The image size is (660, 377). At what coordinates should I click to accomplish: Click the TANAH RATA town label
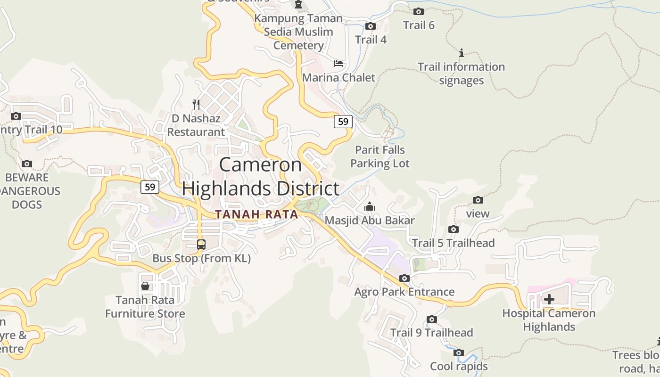point(256,214)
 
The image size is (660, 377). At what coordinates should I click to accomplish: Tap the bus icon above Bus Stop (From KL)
point(201,245)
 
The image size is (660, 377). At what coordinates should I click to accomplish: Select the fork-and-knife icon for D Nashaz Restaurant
point(197,104)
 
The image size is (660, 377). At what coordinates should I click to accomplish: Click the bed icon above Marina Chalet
point(338,64)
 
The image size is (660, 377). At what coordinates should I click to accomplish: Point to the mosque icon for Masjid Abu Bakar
point(370,206)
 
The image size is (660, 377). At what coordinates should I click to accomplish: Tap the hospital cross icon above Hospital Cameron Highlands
point(549,299)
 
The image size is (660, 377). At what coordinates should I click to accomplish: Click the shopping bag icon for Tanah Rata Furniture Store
point(145,286)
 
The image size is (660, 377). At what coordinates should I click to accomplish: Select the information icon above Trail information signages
point(462,53)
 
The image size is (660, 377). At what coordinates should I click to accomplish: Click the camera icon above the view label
point(478,200)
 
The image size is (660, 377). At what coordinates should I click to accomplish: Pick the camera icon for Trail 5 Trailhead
point(454,229)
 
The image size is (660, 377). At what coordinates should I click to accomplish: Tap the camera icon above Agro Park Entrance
point(404,278)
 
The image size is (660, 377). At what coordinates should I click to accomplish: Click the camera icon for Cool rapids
point(459,352)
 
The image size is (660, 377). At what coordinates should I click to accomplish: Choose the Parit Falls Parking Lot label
point(380,157)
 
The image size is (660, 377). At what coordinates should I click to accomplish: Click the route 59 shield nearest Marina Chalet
point(343,122)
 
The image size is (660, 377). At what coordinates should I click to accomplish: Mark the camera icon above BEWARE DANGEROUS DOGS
point(27,164)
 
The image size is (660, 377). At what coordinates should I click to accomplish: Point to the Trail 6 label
point(419,25)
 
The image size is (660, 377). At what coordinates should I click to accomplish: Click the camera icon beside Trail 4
point(371,26)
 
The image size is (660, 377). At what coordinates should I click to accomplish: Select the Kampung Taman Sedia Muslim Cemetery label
point(298,32)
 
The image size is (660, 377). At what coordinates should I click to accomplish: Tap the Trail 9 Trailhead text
point(431,333)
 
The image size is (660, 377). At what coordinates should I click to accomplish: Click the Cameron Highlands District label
point(261,177)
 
